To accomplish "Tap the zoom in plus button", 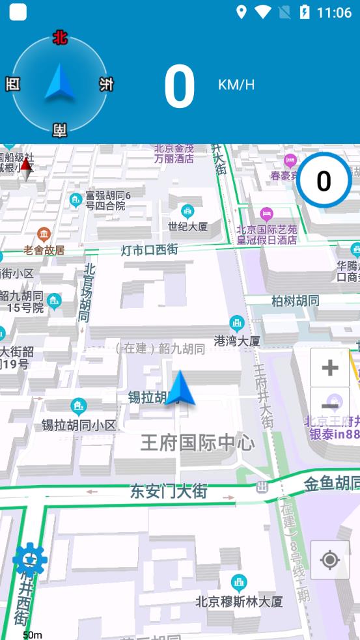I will [330, 368].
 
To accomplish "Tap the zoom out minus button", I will [330, 406].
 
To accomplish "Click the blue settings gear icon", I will [30, 559].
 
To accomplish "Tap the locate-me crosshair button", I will [330, 560].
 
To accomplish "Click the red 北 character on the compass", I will [60, 38].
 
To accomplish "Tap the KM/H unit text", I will [236, 85].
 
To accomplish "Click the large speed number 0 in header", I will [179, 87].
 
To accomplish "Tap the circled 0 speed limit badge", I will [324, 180].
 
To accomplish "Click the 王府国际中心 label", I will [198, 443].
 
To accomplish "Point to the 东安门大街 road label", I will [169, 491].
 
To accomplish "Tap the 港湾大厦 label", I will [237, 341].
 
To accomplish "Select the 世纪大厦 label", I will [187, 227].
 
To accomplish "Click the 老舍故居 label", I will [44, 249].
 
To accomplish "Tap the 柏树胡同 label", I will [296, 300].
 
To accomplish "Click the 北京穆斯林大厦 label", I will [239, 602].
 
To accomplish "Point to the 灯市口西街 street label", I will [149, 249].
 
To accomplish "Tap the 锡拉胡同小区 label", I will [79, 425].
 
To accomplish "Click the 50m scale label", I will [33, 635].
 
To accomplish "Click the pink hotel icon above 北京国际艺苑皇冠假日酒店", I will [266, 214].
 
